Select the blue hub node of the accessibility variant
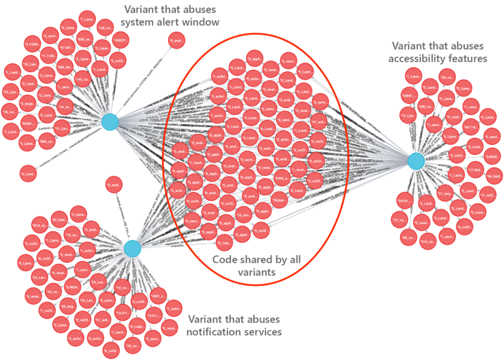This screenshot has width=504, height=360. pyautogui.click(x=416, y=161)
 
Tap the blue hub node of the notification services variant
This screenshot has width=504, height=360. pyautogui.click(x=132, y=249)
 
